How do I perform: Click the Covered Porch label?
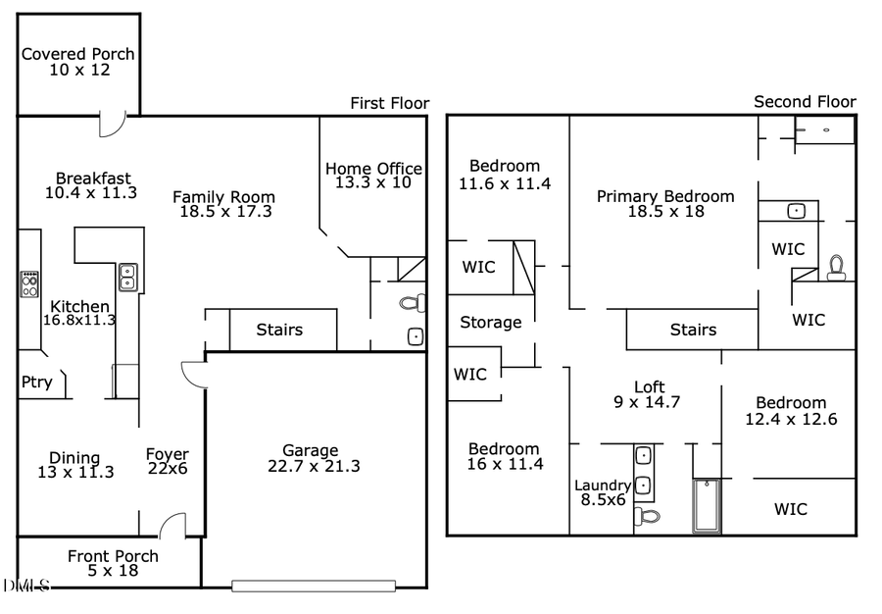[78, 54]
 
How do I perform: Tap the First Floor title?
[389, 103]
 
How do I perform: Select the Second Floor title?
[805, 102]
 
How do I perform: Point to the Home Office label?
[373, 169]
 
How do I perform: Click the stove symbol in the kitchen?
[29, 284]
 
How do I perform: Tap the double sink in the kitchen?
[127, 278]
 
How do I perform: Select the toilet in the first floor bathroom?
[414, 302]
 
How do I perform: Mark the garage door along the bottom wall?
[314, 586]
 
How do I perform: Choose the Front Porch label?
[113, 556]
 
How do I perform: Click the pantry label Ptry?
[36, 383]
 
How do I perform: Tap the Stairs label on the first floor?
[279, 331]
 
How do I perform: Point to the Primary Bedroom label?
[665, 196]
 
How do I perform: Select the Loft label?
[650, 385]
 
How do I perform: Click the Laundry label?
[602, 485]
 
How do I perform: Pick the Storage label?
[491, 322]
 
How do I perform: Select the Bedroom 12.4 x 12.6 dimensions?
[790, 420]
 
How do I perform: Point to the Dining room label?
[74, 458]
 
